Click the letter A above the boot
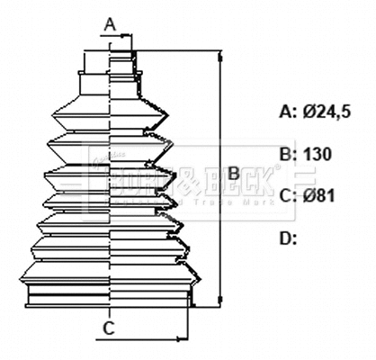coord(109,22)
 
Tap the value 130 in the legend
coord(318,154)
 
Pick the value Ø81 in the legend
coord(319,195)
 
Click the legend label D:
coord(288,238)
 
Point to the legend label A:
coord(288,112)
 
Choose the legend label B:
coord(288,154)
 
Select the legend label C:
coord(288,195)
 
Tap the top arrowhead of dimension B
coord(219,55)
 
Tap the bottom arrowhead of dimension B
coord(219,300)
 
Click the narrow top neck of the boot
coord(110,62)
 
